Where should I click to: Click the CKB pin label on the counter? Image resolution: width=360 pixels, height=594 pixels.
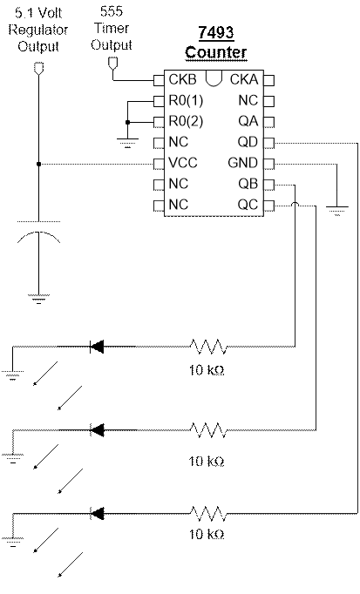[183, 79]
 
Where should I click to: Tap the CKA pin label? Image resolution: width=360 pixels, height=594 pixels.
[244, 79]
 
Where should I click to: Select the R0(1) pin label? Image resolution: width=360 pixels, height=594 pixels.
[186, 101]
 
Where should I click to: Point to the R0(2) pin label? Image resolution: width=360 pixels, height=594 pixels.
[186, 122]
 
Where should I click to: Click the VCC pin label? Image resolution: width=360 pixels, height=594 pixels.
[183, 163]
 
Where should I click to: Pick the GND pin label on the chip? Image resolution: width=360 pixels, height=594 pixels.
[243, 163]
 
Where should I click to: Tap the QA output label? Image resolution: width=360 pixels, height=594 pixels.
[248, 121]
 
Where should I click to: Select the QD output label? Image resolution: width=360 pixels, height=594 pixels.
[248, 142]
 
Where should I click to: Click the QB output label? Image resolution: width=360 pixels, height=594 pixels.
[248, 184]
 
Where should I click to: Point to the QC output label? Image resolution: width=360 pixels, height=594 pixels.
[248, 205]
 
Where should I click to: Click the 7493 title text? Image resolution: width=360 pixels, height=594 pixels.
[215, 33]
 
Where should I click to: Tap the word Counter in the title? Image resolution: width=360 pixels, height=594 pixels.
[216, 52]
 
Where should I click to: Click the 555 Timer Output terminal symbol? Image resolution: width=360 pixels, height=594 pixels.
[112, 64]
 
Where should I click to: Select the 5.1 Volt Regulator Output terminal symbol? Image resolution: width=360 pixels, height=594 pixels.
[38, 68]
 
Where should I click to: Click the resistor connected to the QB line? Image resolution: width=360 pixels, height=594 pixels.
[208, 347]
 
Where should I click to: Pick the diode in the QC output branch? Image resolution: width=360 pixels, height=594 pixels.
[97, 430]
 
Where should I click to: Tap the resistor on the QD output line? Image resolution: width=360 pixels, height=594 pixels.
[208, 514]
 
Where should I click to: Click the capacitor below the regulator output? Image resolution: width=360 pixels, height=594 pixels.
[38, 231]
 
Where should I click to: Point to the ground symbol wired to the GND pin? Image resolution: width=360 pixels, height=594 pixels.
[336, 211]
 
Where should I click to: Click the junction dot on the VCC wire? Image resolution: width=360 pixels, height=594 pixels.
[38, 164]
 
